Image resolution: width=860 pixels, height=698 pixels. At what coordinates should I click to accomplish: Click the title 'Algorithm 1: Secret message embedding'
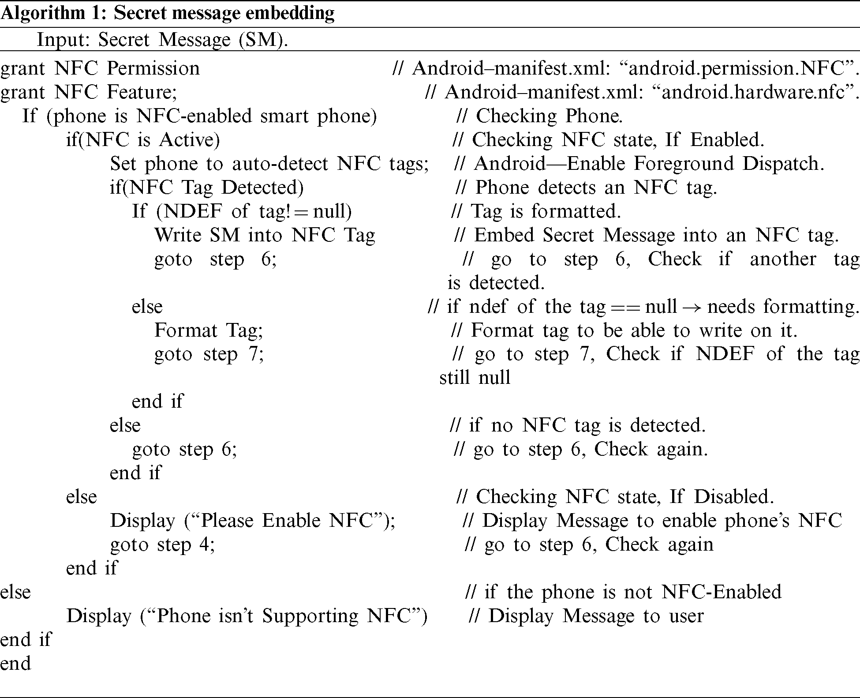[167, 13]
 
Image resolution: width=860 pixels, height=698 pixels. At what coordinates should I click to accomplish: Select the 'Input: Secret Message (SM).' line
[162, 40]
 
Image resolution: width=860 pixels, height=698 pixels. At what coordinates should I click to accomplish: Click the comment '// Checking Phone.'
[539, 116]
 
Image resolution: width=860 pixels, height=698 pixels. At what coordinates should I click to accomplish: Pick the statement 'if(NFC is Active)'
[143, 140]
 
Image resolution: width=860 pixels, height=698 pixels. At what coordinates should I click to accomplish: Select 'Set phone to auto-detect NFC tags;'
[269, 164]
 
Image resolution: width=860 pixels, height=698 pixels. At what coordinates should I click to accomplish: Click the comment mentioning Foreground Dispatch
[639, 164]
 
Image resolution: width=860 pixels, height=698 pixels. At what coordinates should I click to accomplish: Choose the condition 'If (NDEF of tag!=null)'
[242, 211]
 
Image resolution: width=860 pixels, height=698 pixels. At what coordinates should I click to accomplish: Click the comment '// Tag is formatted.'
[536, 211]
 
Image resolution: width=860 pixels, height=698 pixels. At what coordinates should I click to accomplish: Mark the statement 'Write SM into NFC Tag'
[265, 235]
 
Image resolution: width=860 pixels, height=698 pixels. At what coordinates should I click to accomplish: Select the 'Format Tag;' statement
[209, 330]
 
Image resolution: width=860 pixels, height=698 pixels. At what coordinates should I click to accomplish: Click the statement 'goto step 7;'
[209, 354]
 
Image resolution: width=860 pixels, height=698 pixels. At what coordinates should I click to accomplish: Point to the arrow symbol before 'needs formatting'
[692, 307]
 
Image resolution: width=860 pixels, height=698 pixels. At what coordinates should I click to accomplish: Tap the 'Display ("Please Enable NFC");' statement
[252, 521]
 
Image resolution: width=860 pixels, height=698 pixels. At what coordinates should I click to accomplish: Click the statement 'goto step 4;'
[162, 544]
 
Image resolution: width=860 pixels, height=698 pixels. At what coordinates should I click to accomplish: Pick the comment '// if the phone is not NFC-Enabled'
[623, 592]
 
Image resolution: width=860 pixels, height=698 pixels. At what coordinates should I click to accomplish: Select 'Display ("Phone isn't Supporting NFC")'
[247, 616]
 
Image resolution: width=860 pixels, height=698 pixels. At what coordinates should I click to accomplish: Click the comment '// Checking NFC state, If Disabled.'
[615, 497]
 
